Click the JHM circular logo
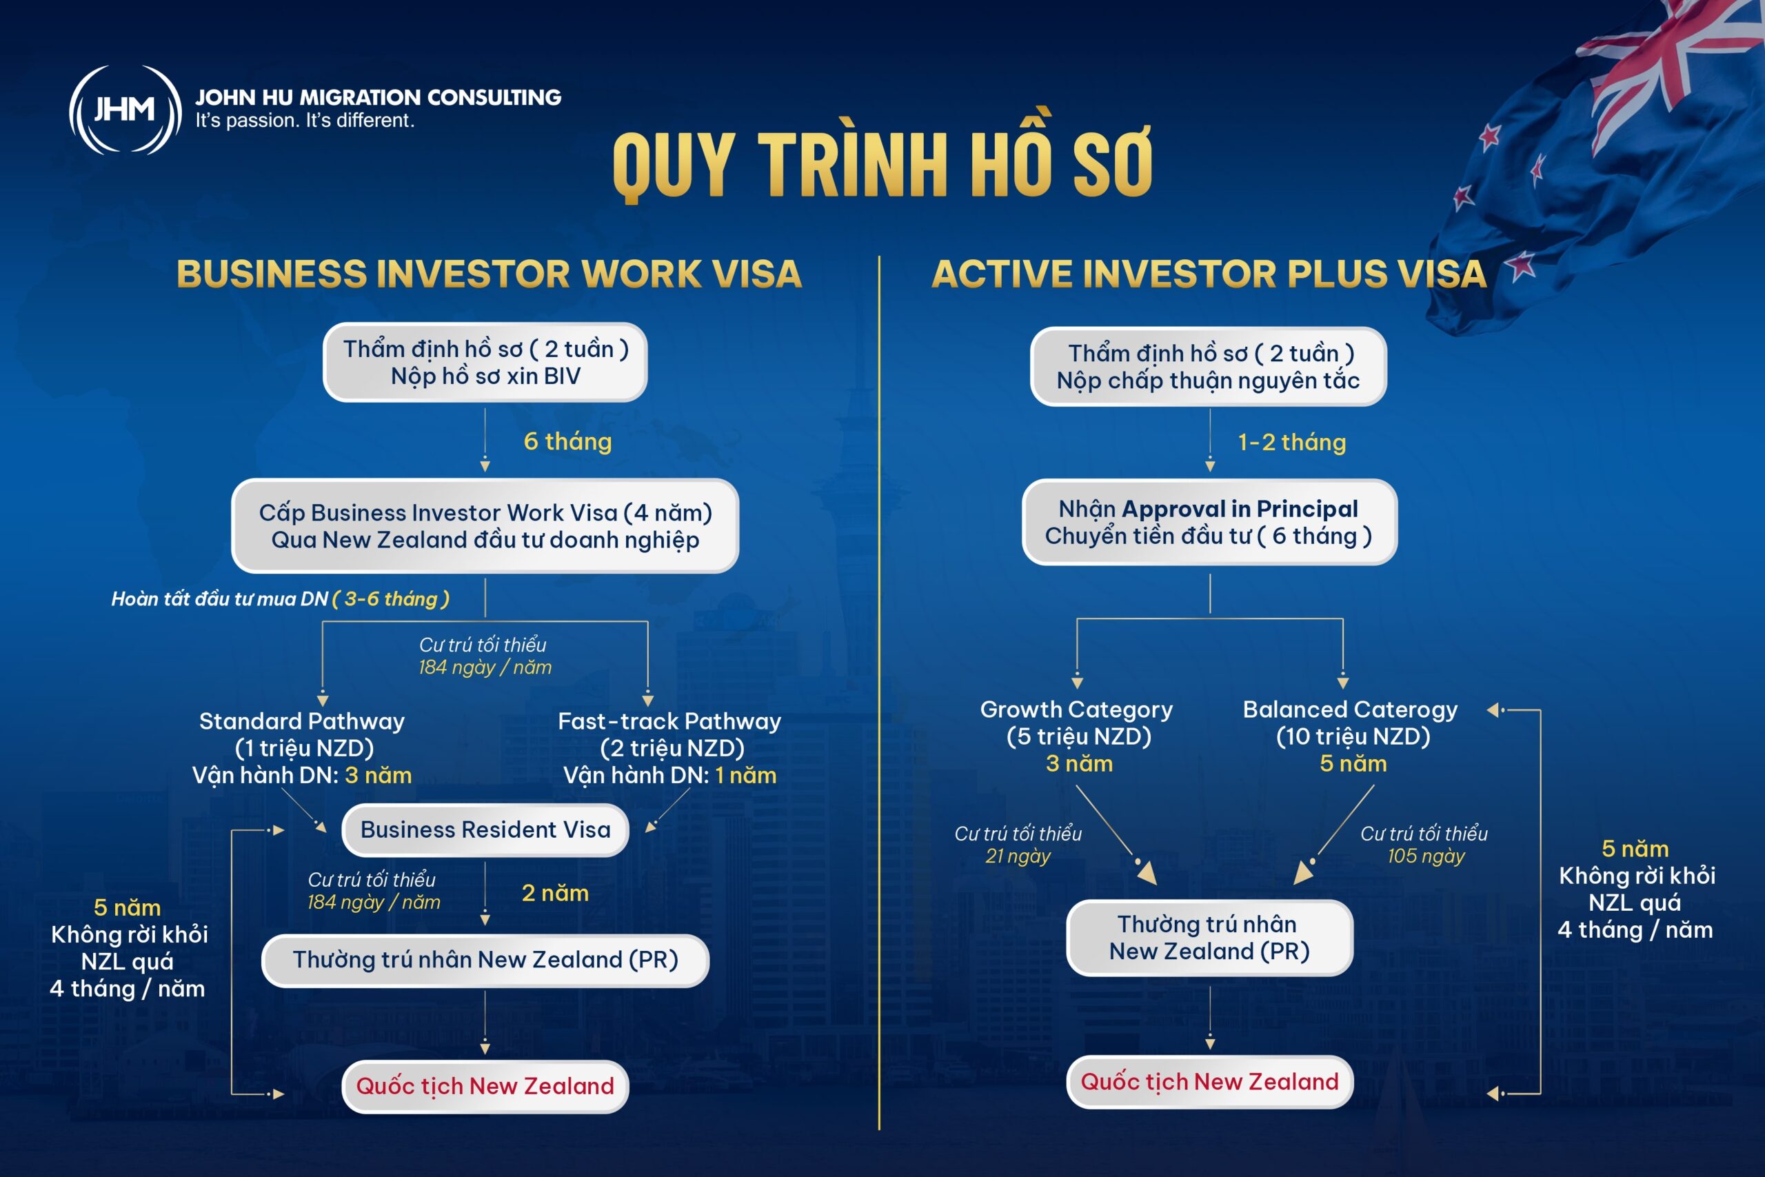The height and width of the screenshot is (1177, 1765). pos(125,110)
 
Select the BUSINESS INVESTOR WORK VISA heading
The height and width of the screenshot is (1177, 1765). pos(490,273)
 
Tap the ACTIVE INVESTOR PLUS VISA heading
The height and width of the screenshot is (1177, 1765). pos(1209,273)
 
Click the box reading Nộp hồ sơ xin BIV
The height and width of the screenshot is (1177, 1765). pos(485,363)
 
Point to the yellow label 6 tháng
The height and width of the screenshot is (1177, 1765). pos(567,441)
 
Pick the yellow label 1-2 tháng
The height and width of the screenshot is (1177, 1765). pos(1291,442)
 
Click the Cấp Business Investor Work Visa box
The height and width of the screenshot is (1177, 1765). pos(485,525)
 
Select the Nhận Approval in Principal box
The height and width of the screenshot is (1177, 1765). pos(1209,523)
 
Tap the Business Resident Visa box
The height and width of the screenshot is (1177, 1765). pos(485,829)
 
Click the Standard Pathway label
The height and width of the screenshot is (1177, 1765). pos(302,721)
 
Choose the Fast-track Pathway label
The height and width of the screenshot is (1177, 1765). pos(669,721)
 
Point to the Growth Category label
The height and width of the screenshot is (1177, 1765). pos(1076,710)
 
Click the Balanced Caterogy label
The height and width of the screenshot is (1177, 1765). pos(1350,710)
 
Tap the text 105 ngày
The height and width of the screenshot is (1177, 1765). pos(1426,856)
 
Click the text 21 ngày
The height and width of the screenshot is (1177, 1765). pos(1018,856)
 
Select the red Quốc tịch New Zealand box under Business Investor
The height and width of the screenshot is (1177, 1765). pos(485,1086)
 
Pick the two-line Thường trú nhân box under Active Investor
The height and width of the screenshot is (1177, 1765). pos(1209,938)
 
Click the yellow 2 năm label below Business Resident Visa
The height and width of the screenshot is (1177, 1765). pos(555,893)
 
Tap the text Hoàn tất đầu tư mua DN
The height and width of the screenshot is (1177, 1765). pos(219,599)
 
